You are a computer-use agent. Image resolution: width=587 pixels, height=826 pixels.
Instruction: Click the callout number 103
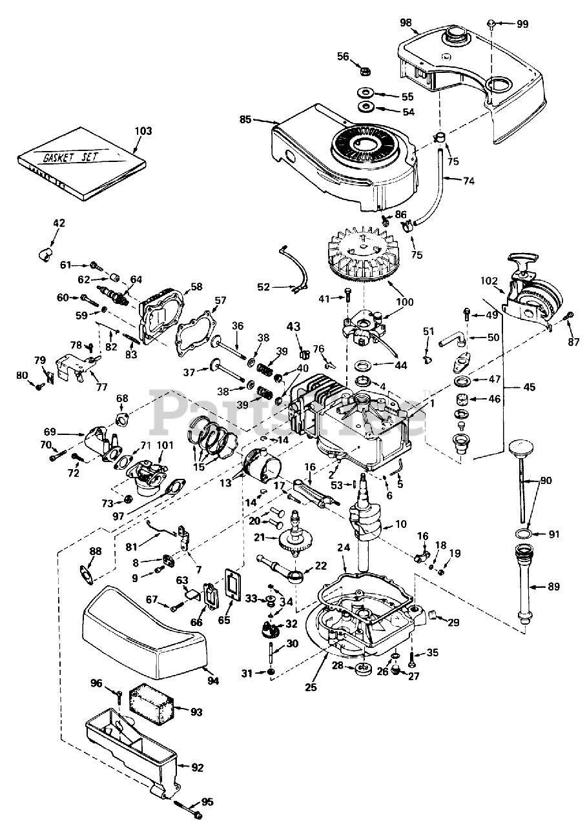pos(143,131)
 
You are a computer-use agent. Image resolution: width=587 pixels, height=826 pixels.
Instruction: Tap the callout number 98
pos(406,23)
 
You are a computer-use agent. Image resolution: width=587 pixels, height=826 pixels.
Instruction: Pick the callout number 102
pos(489,281)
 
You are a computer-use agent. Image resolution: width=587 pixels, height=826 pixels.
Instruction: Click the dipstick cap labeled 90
pos(520,449)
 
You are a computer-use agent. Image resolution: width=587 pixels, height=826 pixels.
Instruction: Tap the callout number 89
pos(554,587)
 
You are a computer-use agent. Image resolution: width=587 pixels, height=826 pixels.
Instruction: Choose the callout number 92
pos(198,768)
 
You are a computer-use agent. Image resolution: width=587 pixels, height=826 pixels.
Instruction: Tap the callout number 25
pos(311,688)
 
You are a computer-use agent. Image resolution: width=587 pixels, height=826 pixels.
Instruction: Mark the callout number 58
pos(196,286)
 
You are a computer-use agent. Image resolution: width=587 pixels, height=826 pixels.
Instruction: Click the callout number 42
pos(59,223)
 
